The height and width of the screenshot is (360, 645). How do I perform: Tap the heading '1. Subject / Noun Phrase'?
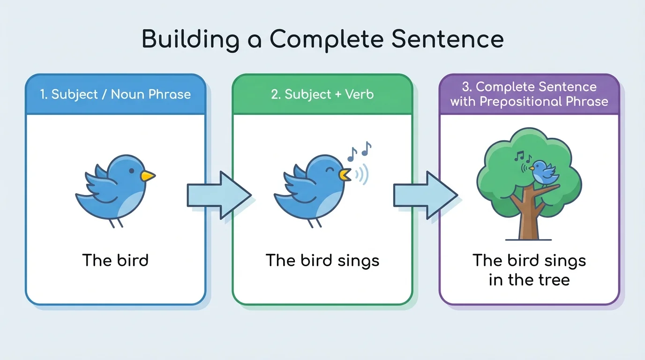(x=115, y=94)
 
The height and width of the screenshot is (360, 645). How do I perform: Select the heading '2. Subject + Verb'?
(x=322, y=94)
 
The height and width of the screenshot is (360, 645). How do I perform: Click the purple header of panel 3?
(x=529, y=94)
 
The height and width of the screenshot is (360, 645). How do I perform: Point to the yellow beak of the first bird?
(x=148, y=176)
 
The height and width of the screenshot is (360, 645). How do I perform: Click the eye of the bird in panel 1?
(x=132, y=170)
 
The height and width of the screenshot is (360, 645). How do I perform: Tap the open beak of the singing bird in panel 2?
(x=345, y=174)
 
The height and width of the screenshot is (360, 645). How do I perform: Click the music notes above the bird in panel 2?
(x=359, y=150)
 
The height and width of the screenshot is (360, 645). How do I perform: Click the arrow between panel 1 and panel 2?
(x=218, y=195)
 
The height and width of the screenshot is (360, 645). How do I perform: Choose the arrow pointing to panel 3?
(x=425, y=195)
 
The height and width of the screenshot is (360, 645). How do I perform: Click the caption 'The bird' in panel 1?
(x=115, y=260)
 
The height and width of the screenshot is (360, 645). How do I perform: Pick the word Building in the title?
(x=190, y=40)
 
